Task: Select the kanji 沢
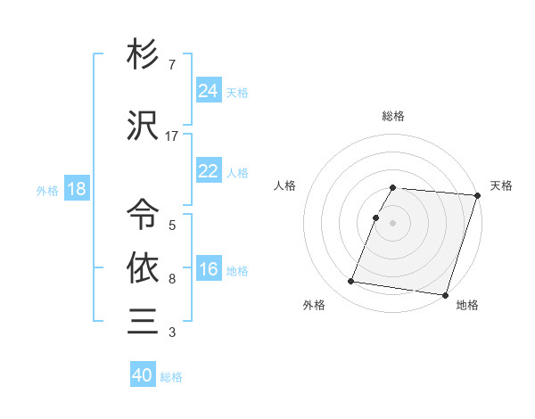pyautogui.click(x=143, y=127)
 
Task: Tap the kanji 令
pyautogui.click(x=143, y=213)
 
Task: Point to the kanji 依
pyautogui.click(x=143, y=267)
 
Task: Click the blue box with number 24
pyautogui.click(x=209, y=90)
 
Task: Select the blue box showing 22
pyautogui.click(x=209, y=171)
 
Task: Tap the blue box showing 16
pyautogui.click(x=209, y=269)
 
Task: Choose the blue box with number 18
pyautogui.click(x=76, y=190)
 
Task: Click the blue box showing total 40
pyautogui.click(x=143, y=375)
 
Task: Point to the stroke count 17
pyautogui.click(x=172, y=136)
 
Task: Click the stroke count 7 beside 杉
pyautogui.click(x=171, y=66)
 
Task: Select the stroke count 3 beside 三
pyautogui.click(x=171, y=333)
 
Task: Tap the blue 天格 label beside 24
pyautogui.click(x=237, y=92)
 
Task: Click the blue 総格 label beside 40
pyautogui.click(x=171, y=377)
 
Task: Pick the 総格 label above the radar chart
pyautogui.click(x=393, y=116)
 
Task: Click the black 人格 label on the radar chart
pyautogui.click(x=285, y=185)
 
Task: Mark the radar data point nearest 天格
pyautogui.click(x=477, y=195)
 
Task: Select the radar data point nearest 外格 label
pyautogui.click(x=351, y=282)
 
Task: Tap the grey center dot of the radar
pyautogui.click(x=393, y=223)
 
